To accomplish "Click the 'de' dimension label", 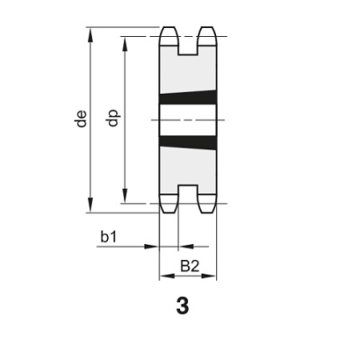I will tap(82, 119).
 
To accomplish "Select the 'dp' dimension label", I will tap(113, 119).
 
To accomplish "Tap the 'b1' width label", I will tap(109, 237).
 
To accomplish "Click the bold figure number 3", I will tap(184, 306).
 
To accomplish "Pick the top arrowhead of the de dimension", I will tap(91, 32).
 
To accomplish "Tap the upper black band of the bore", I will tap(188, 98).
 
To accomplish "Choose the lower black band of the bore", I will tap(188, 139).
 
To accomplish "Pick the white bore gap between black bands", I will tap(188, 119).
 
